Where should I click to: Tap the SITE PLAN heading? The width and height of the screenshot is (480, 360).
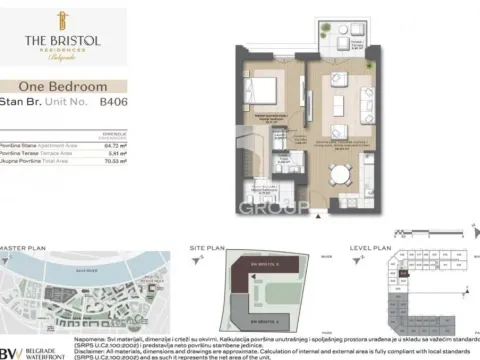pyautogui.click(x=212, y=246)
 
